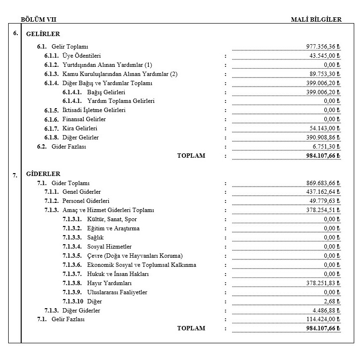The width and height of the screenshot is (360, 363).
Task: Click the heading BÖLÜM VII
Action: [39, 20]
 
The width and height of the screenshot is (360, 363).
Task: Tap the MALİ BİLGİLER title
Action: [316, 20]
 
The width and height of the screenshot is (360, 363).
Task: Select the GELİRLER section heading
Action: [43, 34]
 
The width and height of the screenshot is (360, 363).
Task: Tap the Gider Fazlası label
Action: [68, 147]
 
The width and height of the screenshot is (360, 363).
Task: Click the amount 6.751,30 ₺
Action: [326, 147]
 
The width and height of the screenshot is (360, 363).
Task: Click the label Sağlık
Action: [95, 238]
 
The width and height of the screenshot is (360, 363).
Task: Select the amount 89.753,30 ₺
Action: [325, 74]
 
